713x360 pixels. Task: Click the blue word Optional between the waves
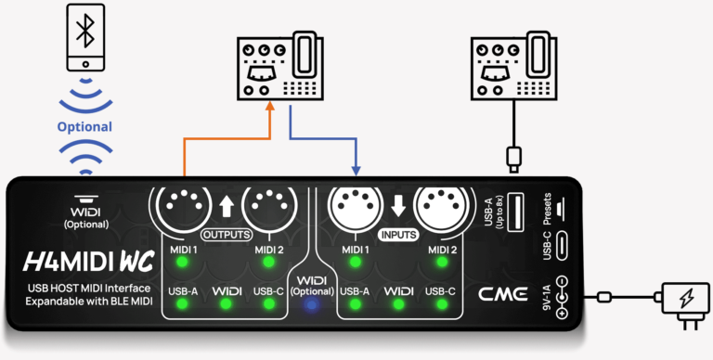(84, 127)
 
